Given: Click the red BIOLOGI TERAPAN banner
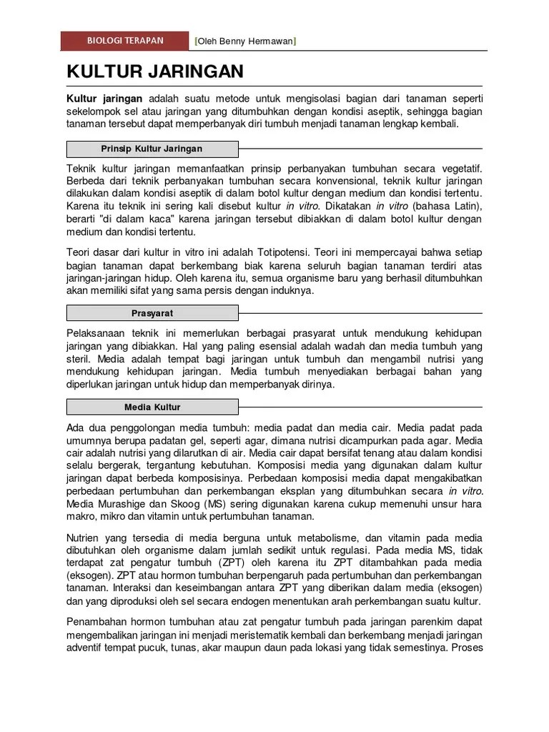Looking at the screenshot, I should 125,41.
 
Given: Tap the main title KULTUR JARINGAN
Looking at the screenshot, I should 155,71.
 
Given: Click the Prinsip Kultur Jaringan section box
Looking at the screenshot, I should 152,149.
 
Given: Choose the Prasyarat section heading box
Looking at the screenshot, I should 152,313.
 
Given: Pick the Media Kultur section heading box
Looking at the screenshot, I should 152,407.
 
